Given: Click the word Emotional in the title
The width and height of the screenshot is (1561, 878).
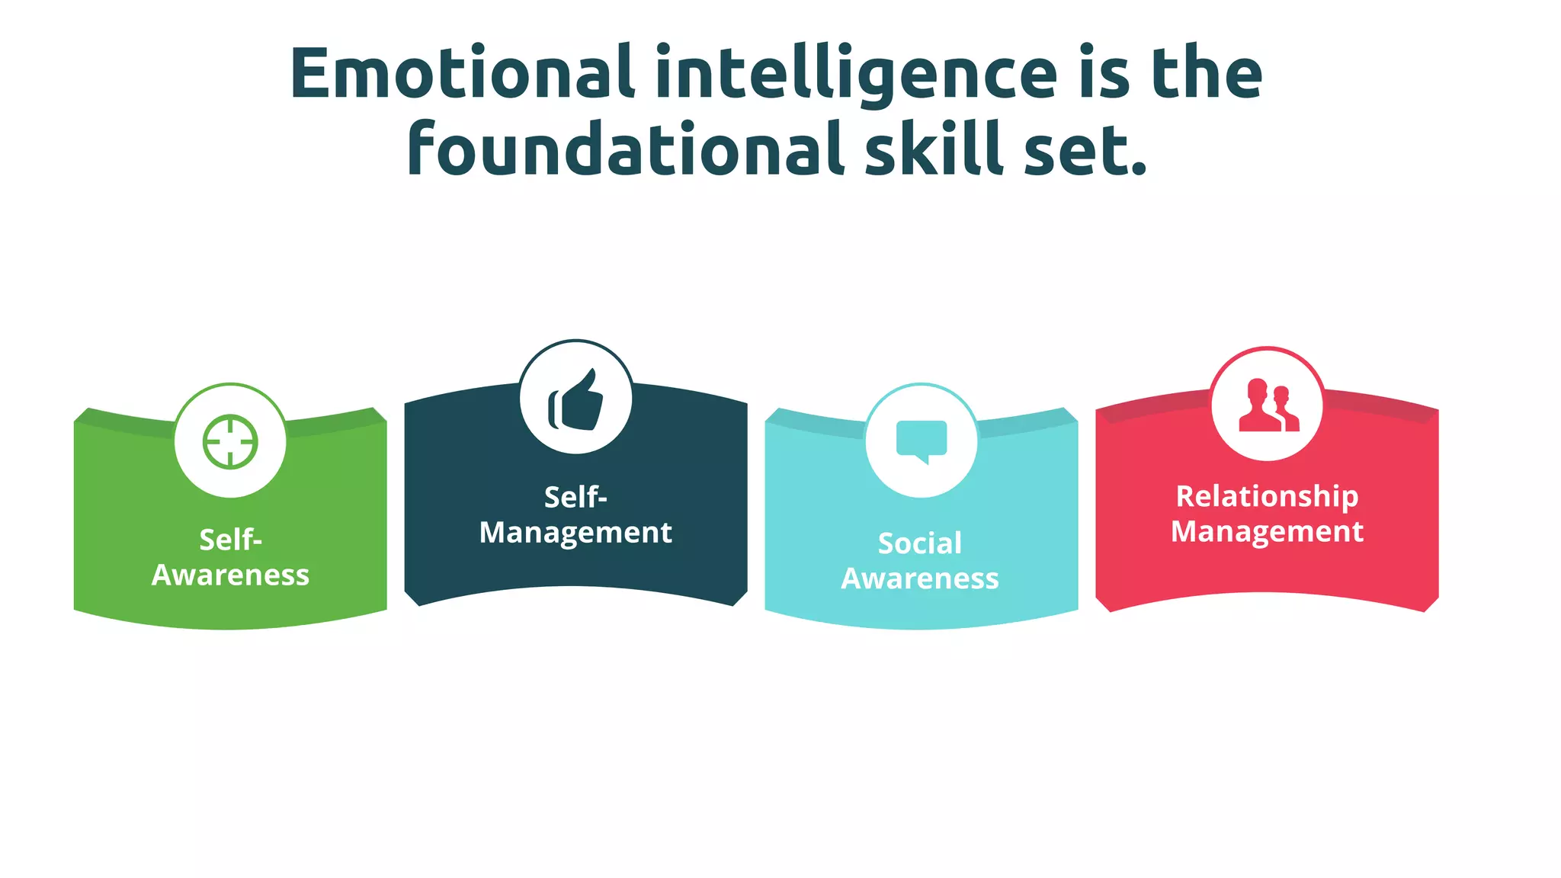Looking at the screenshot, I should [x=463, y=73].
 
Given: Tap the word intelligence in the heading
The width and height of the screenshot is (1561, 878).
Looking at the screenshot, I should [x=856, y=75].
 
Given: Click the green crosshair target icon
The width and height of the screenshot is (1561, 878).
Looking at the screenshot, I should [x=230, y=441].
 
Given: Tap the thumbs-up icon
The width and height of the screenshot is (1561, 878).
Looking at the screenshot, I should [x=575, y=399].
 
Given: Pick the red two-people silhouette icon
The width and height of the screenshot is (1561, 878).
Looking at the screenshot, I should [x=1267, y=405].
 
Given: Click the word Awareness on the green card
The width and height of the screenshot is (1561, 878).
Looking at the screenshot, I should [x=230, y=575].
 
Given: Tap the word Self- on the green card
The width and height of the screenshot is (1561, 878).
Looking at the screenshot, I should [x=230, y=540].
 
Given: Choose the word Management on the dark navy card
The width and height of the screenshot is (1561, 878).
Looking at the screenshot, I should [x=575, y=533].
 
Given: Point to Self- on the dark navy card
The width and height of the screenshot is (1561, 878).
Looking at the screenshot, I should [x=575, y=497].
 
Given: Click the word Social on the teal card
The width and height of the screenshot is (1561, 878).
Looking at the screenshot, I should [x=920, y=543].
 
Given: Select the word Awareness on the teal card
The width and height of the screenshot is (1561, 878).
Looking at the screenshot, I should [x=920, y=579].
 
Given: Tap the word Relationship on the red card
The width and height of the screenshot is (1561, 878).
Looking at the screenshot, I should [x=1267, y=496].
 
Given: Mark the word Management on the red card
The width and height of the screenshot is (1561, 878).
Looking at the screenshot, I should [x=1267, y=532].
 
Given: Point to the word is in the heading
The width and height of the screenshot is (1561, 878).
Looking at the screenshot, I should [x=1104, y=73].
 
